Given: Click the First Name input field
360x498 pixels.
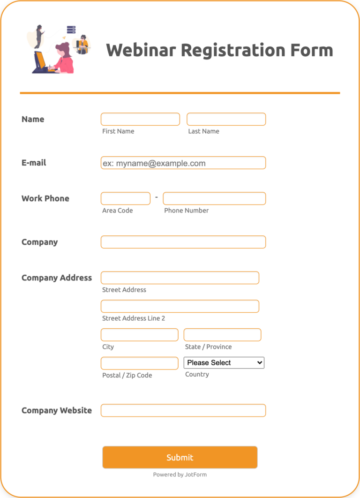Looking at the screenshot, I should coord(140,119).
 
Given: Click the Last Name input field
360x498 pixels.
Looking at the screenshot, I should coord(226,119).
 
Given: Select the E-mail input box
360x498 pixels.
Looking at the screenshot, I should coord(183,163).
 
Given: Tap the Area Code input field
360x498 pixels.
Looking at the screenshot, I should coord(125,198).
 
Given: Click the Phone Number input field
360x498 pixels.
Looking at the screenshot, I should coord(214,198).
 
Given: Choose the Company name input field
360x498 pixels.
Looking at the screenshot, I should coord(183,242).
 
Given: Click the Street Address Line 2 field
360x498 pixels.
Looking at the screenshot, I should coord(180,306).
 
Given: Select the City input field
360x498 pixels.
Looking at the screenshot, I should coord(139,335).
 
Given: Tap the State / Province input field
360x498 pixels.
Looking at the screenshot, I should coord(222,335).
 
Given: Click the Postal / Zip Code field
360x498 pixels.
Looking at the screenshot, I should coord(139,363).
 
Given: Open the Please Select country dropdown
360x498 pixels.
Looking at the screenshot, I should coord(224,362).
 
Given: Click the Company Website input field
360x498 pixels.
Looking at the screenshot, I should coord(183,410).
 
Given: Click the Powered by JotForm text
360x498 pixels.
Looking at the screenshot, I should coord(180,475).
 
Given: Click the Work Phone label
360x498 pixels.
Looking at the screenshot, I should coord(45,198).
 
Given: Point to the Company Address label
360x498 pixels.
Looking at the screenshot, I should coord(56,278).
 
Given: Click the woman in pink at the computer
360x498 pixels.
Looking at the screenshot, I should coord(63,59).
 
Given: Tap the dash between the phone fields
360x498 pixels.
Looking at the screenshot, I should coord(157,197).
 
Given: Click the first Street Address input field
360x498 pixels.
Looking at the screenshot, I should coord(180,278).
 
